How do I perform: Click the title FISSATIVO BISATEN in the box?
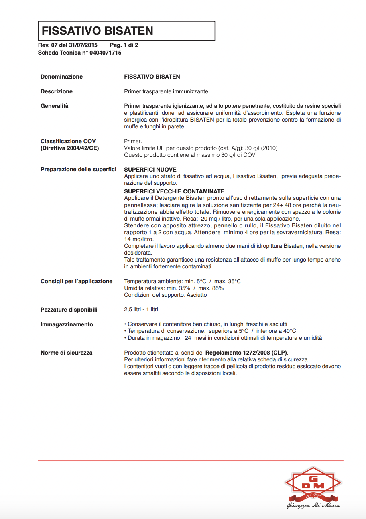coord(98,31)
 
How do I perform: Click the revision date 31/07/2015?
coord(83,45)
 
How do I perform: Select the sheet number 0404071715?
coord(105,53)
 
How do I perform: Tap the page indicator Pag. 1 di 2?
coord(124,45)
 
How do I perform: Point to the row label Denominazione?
coord(61,77)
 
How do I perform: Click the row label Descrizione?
coord(57,91)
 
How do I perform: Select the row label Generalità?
coord(55,106)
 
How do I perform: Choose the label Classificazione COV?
coord(68,141)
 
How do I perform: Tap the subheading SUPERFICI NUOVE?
coord(150,170)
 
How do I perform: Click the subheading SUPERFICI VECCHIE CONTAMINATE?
coord(174,191)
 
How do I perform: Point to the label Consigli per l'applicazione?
coord(76,281)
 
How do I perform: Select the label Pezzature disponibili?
coord(69,310)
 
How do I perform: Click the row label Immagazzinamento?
coord(67,324)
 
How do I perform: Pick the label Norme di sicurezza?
coord(66,353)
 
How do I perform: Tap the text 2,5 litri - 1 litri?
coord(141,310)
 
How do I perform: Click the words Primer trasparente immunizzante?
coord(166,91)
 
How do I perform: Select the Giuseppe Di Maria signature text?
coord(313,505)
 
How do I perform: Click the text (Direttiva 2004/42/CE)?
coord(69,148)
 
